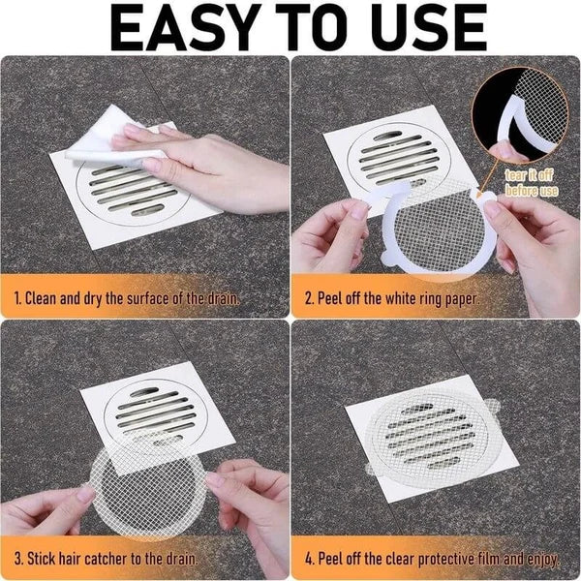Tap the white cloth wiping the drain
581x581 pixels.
click(x=97, y=145)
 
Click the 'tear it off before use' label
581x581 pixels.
click(x=532, y=183)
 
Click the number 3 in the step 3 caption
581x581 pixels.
click(x=18, y=559)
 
